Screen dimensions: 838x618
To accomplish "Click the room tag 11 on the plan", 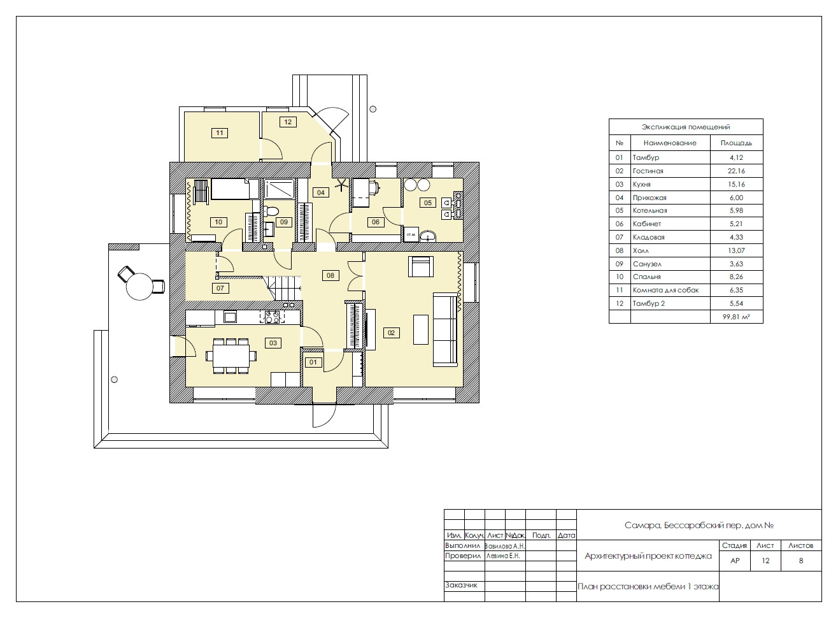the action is (x=220, y=133).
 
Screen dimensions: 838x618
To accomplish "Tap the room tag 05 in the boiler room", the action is (x=428, y=203).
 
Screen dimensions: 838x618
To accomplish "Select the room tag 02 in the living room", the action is (x=391, y=333).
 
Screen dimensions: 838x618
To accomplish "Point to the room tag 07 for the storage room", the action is (x=220, y=288).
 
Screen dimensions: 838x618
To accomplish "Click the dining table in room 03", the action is (x=231, y=356).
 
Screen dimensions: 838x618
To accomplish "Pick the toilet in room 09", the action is (x=270, y=211).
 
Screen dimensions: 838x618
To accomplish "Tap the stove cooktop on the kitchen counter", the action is (x=272, y=317).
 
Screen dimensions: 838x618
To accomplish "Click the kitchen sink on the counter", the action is (x=230, y=317).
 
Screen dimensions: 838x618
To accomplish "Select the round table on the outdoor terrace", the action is (x=139, y=287).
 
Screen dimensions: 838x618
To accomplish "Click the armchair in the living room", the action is (x=421, y=266).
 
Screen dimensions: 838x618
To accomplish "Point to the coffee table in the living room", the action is (x=420, y=329).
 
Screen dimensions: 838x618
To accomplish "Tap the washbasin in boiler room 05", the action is (x=428, y=236).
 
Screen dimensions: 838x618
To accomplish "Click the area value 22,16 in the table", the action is (x=736, y=171).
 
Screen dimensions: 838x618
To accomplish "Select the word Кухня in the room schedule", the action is (x=642, y=185).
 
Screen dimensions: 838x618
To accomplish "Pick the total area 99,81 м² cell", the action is (x=736, y=317).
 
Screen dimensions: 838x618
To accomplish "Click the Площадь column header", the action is (x=736, y=143).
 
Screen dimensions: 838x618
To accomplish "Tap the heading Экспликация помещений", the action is (x=686, y=127).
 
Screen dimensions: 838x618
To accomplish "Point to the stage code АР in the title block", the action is (x=735, y=561).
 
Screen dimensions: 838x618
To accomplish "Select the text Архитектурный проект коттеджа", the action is (x=648, y=556).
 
